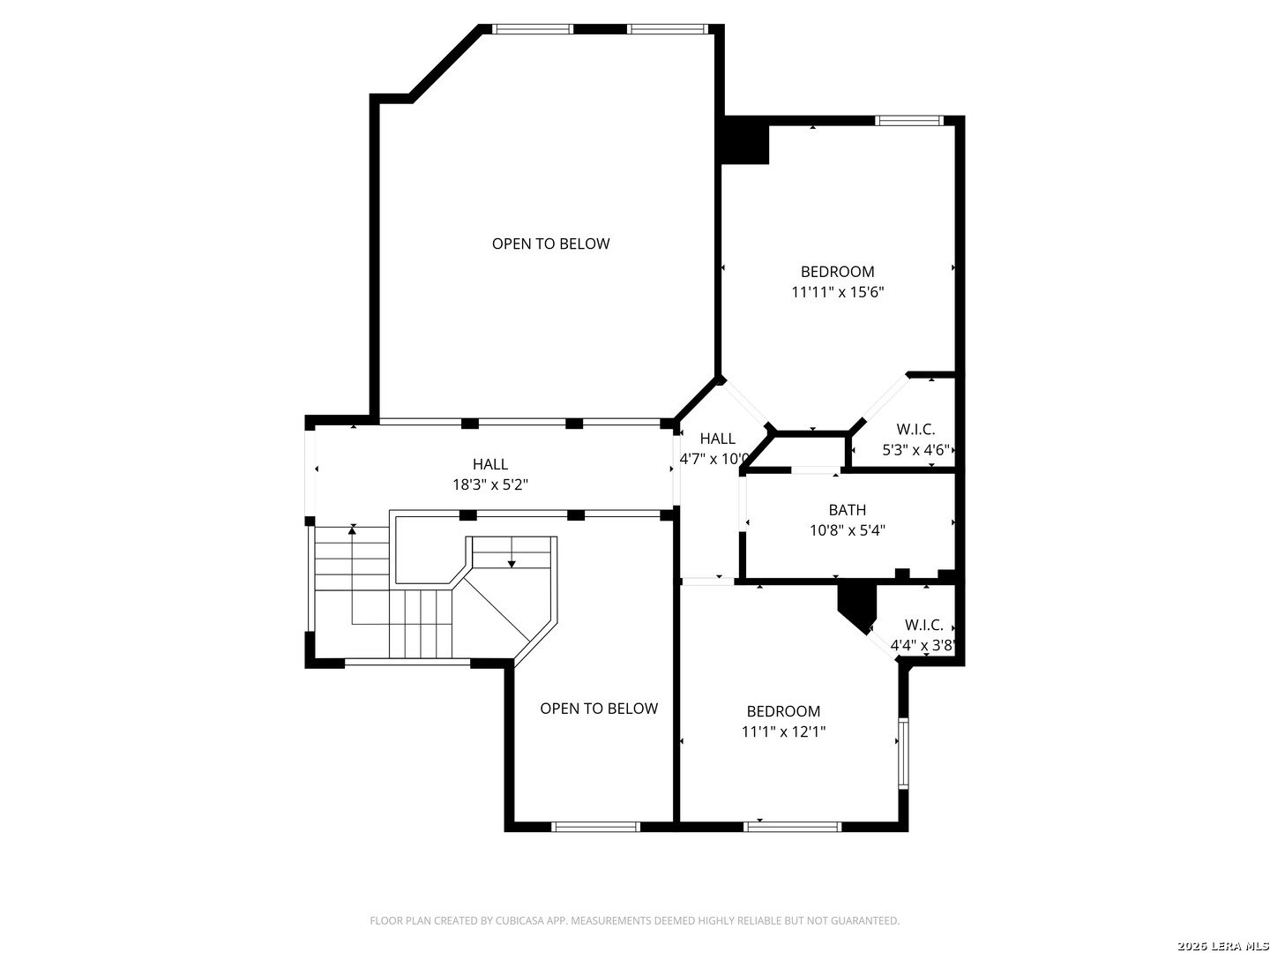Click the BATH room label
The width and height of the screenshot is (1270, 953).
click(x=847, y=510)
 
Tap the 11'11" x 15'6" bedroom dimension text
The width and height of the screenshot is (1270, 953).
click(x=837, y=292)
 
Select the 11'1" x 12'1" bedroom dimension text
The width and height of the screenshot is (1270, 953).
click(x=783, y=732)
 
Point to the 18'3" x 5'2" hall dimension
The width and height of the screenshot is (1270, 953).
click(x=490, y=484)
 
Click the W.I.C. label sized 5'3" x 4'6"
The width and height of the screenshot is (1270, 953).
click(x=916, y=430)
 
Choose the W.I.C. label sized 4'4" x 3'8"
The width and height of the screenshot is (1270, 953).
click(x=924, y=625)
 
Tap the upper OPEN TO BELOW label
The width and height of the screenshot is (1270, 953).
click(x=551, y=244)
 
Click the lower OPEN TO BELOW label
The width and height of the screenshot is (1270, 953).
click(x=599, y=709)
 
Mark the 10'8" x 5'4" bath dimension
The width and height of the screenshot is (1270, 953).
click(x=847, y=530)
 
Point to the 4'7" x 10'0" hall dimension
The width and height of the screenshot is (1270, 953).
click(x=715, y=459)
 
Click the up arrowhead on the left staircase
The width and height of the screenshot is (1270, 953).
click(x=352, y=529)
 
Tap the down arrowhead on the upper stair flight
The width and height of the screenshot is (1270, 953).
click(x=512, y=564)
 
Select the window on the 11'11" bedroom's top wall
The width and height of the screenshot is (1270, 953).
click(x=908, y=120)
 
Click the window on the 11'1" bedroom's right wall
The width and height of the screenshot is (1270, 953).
click(x=903, y=753)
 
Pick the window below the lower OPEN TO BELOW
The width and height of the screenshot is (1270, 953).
click(x=595, y=827)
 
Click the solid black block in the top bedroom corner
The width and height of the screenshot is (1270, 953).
click(x=745, y=140)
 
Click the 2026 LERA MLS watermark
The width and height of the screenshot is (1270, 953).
click(x=1222, y=946)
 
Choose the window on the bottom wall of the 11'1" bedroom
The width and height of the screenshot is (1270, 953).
click(x=792, y=827)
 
